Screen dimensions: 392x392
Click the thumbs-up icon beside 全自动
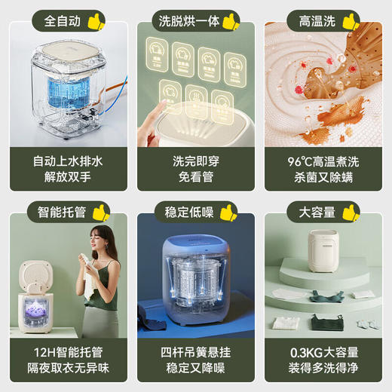[x=96, y=20]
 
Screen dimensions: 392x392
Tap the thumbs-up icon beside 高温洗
[x=351, y=20]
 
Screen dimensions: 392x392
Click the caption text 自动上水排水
[x=65, y=161]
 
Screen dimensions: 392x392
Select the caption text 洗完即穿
[x=195, y=161]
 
